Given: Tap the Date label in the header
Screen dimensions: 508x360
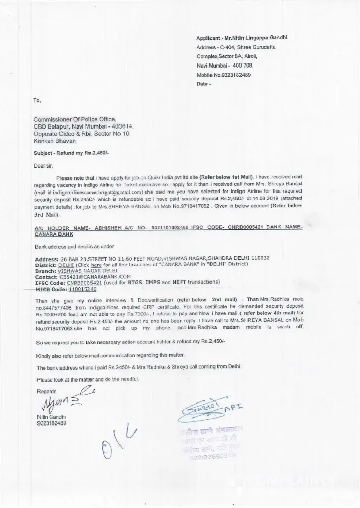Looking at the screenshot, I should pyautogui.click(x=202, y=84).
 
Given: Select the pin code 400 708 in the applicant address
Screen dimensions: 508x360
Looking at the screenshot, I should pyautogui.click(x=242, y=66).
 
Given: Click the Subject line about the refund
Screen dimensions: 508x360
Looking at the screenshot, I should pyautogui.click(x=68, y=153).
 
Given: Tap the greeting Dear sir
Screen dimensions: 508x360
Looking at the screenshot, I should pyautogui.click(x=43, y=165).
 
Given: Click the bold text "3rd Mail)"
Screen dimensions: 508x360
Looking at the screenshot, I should pyautogui.click(x=47, y=215).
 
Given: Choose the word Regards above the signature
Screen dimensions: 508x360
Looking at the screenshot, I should pyautogui.click(x=46, y=390).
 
